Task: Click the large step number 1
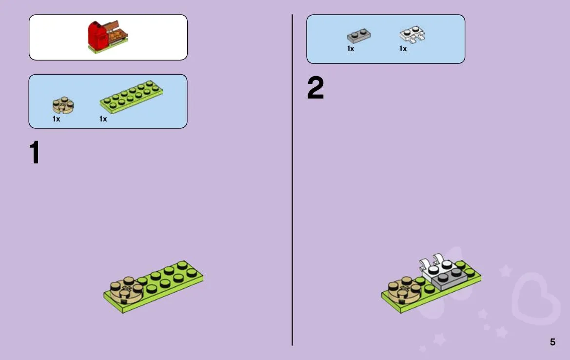point(35,152)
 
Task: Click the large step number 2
point(315,87)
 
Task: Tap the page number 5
point(552,342)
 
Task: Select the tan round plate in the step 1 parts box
point(63,105)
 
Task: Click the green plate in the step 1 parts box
point(131,97)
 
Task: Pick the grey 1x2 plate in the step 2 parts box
point(359,35)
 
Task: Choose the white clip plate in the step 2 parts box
point(412,35)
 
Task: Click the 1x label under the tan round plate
point(57,119)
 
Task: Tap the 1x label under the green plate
point(103,119)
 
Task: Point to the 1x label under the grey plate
point(351,49)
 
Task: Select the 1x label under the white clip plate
point(403,49)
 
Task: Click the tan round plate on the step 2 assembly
point(405,290)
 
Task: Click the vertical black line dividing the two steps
point(292,180)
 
